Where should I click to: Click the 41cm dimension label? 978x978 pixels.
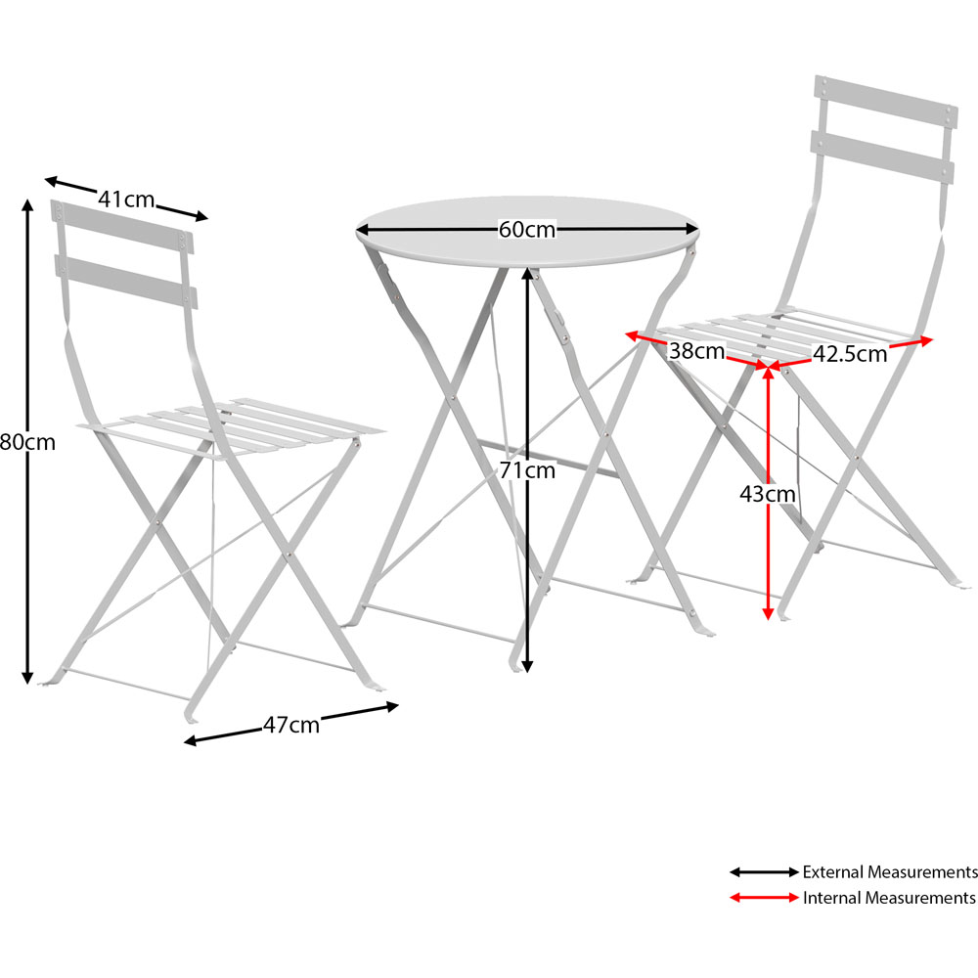point(126,200)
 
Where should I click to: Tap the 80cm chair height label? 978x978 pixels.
point(27,442)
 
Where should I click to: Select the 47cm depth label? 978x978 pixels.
point(290,725)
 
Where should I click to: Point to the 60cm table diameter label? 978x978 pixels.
point(527,230)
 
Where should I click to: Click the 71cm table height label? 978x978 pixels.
point(527,470)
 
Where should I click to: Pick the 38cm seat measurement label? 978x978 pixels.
point(696,351)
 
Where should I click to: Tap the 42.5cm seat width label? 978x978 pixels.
point(850,354)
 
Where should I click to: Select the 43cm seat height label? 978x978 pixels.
point(768,494)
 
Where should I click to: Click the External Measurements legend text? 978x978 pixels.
point(890,872)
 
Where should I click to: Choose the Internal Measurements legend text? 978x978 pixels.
point(889,898)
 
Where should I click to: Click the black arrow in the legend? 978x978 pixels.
point(764,872)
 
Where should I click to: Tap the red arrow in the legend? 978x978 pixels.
point(764,898)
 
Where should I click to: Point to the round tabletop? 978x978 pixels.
point(527,232)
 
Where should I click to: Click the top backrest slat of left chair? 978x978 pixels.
point(122,227)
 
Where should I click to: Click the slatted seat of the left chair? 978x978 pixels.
point(231,428)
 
